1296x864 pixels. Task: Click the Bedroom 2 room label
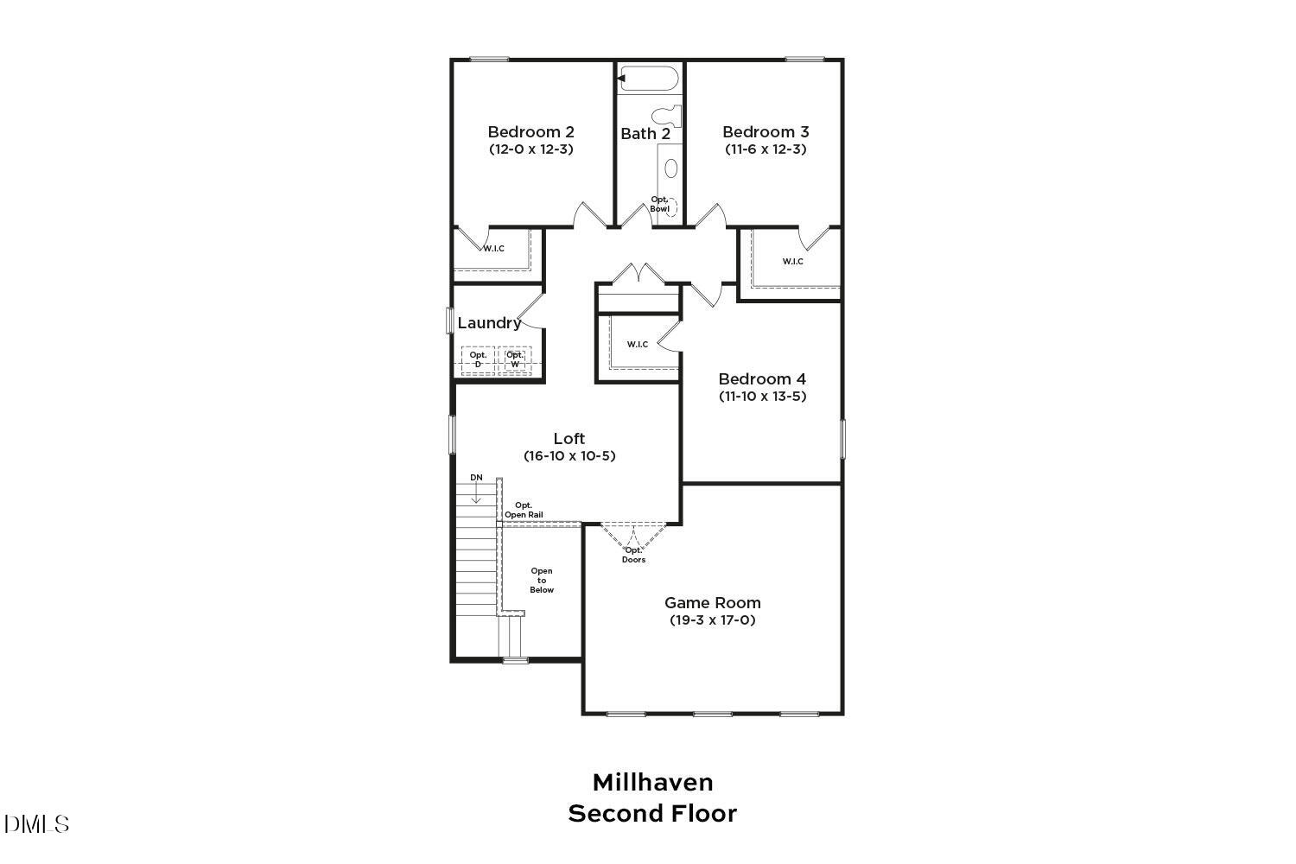click(x=530, y=132)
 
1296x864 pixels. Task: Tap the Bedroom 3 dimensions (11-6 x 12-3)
click(x=766, y=149)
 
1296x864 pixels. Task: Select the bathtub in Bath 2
click(x=648, y=79)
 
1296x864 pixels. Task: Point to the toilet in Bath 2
click(x=667, y=116)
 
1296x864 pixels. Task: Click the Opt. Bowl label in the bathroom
click(x=660, y=204)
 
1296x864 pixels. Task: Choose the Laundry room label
click(x=489, y=323)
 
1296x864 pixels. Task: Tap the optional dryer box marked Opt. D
click(x=478, y=359)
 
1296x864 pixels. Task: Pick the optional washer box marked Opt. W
click(x=515, y=359)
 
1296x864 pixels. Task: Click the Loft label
click(x=569, y=439)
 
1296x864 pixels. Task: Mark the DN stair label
click(x=476, y=478)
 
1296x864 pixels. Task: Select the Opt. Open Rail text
click(x=524, y=510)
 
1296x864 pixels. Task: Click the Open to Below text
click(x=542, y=580)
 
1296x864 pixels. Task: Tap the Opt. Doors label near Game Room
click(x=633, y=555)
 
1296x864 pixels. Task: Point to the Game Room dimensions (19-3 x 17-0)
click(x=713, y=620)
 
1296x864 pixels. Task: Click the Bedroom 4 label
click(x=762, y=379)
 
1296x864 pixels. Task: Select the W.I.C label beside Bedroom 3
click(x=792, y=261)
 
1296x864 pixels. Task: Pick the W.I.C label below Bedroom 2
click(x=493, y=249)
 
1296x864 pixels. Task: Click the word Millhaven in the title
click(x=652, y=783)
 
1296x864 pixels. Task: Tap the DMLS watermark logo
click(x=36, y=824)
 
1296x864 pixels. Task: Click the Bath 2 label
click(x=645, y=134)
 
